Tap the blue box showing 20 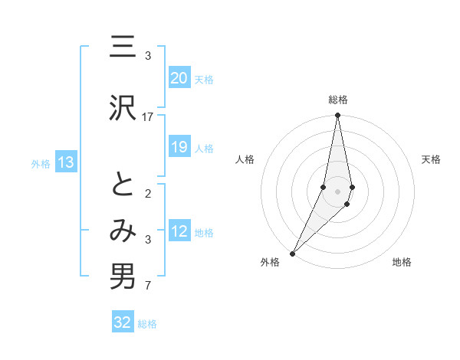coord(179,78)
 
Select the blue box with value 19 coord(179,147)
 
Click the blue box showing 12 coord(179,231)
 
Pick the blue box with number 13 coord(65,162)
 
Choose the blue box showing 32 coord(123,322)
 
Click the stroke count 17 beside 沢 coord(148,116)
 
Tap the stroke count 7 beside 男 coord(148,286)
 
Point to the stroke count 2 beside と coord(148,193)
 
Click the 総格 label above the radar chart coord(338,100)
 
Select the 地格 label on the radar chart coord(402,262)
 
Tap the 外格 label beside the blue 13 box coord(41,163)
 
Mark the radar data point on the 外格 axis coord(292,253)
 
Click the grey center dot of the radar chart coord(338,191)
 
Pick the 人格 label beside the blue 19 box coord(204,148)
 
